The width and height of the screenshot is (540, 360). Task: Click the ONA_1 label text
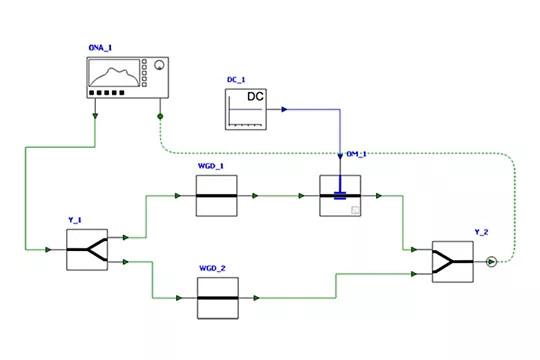[100, 48]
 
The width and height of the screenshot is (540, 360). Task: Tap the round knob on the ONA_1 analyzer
[159, 65]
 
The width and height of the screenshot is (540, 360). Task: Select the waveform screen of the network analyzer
[114, 73]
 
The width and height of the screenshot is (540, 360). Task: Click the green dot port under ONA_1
[160, 116]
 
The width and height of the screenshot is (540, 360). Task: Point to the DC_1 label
[236, 80]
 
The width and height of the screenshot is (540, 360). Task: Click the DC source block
[246, 109]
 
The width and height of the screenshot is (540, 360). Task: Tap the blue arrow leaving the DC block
[284, 110]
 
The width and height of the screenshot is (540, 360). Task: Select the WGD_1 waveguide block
[217, 196]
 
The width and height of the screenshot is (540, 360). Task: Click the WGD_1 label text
[211, 166]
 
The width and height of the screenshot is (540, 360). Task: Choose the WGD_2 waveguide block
[218, 298]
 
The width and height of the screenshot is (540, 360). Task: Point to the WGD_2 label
[212, 268]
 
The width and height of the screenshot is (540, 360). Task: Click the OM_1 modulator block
[340, 196]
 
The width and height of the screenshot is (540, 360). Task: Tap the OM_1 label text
[356, 154]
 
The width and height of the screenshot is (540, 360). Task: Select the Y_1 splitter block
[87, 250]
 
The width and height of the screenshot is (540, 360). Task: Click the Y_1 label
[75, 220]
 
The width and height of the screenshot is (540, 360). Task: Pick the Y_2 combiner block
[453, 262]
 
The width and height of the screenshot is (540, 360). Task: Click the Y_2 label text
[481, 232]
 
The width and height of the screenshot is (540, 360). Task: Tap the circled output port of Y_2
[491, 262]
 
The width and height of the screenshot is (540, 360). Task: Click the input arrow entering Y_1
[48, 250]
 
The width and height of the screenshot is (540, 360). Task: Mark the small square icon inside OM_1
[355, 210]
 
